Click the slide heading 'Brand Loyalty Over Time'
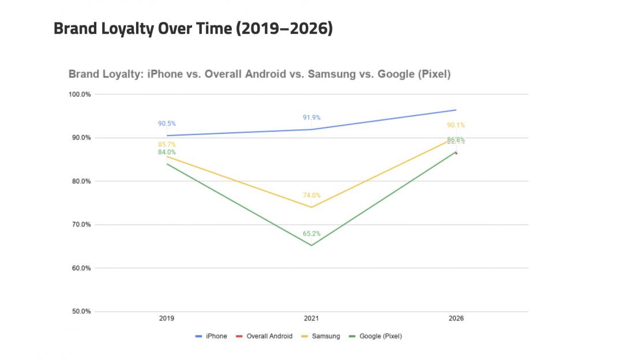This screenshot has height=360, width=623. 193,29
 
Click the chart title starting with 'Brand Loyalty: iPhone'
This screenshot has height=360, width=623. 260,74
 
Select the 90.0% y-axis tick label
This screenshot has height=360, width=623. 80,138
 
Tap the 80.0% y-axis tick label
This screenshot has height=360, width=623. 80,181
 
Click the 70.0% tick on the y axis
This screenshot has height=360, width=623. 80,224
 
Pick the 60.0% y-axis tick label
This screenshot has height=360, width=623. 80,268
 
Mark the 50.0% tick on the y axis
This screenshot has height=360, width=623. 80,312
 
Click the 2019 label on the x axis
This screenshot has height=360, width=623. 167,318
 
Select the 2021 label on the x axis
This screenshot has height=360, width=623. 311,318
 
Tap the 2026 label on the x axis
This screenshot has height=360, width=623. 456,318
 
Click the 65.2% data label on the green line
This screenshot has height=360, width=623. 311,234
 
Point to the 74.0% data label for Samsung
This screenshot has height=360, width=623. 311,196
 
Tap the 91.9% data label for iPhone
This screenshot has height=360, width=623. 311,118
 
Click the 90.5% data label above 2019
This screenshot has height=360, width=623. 167,123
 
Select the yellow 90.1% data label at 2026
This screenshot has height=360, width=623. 456,125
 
